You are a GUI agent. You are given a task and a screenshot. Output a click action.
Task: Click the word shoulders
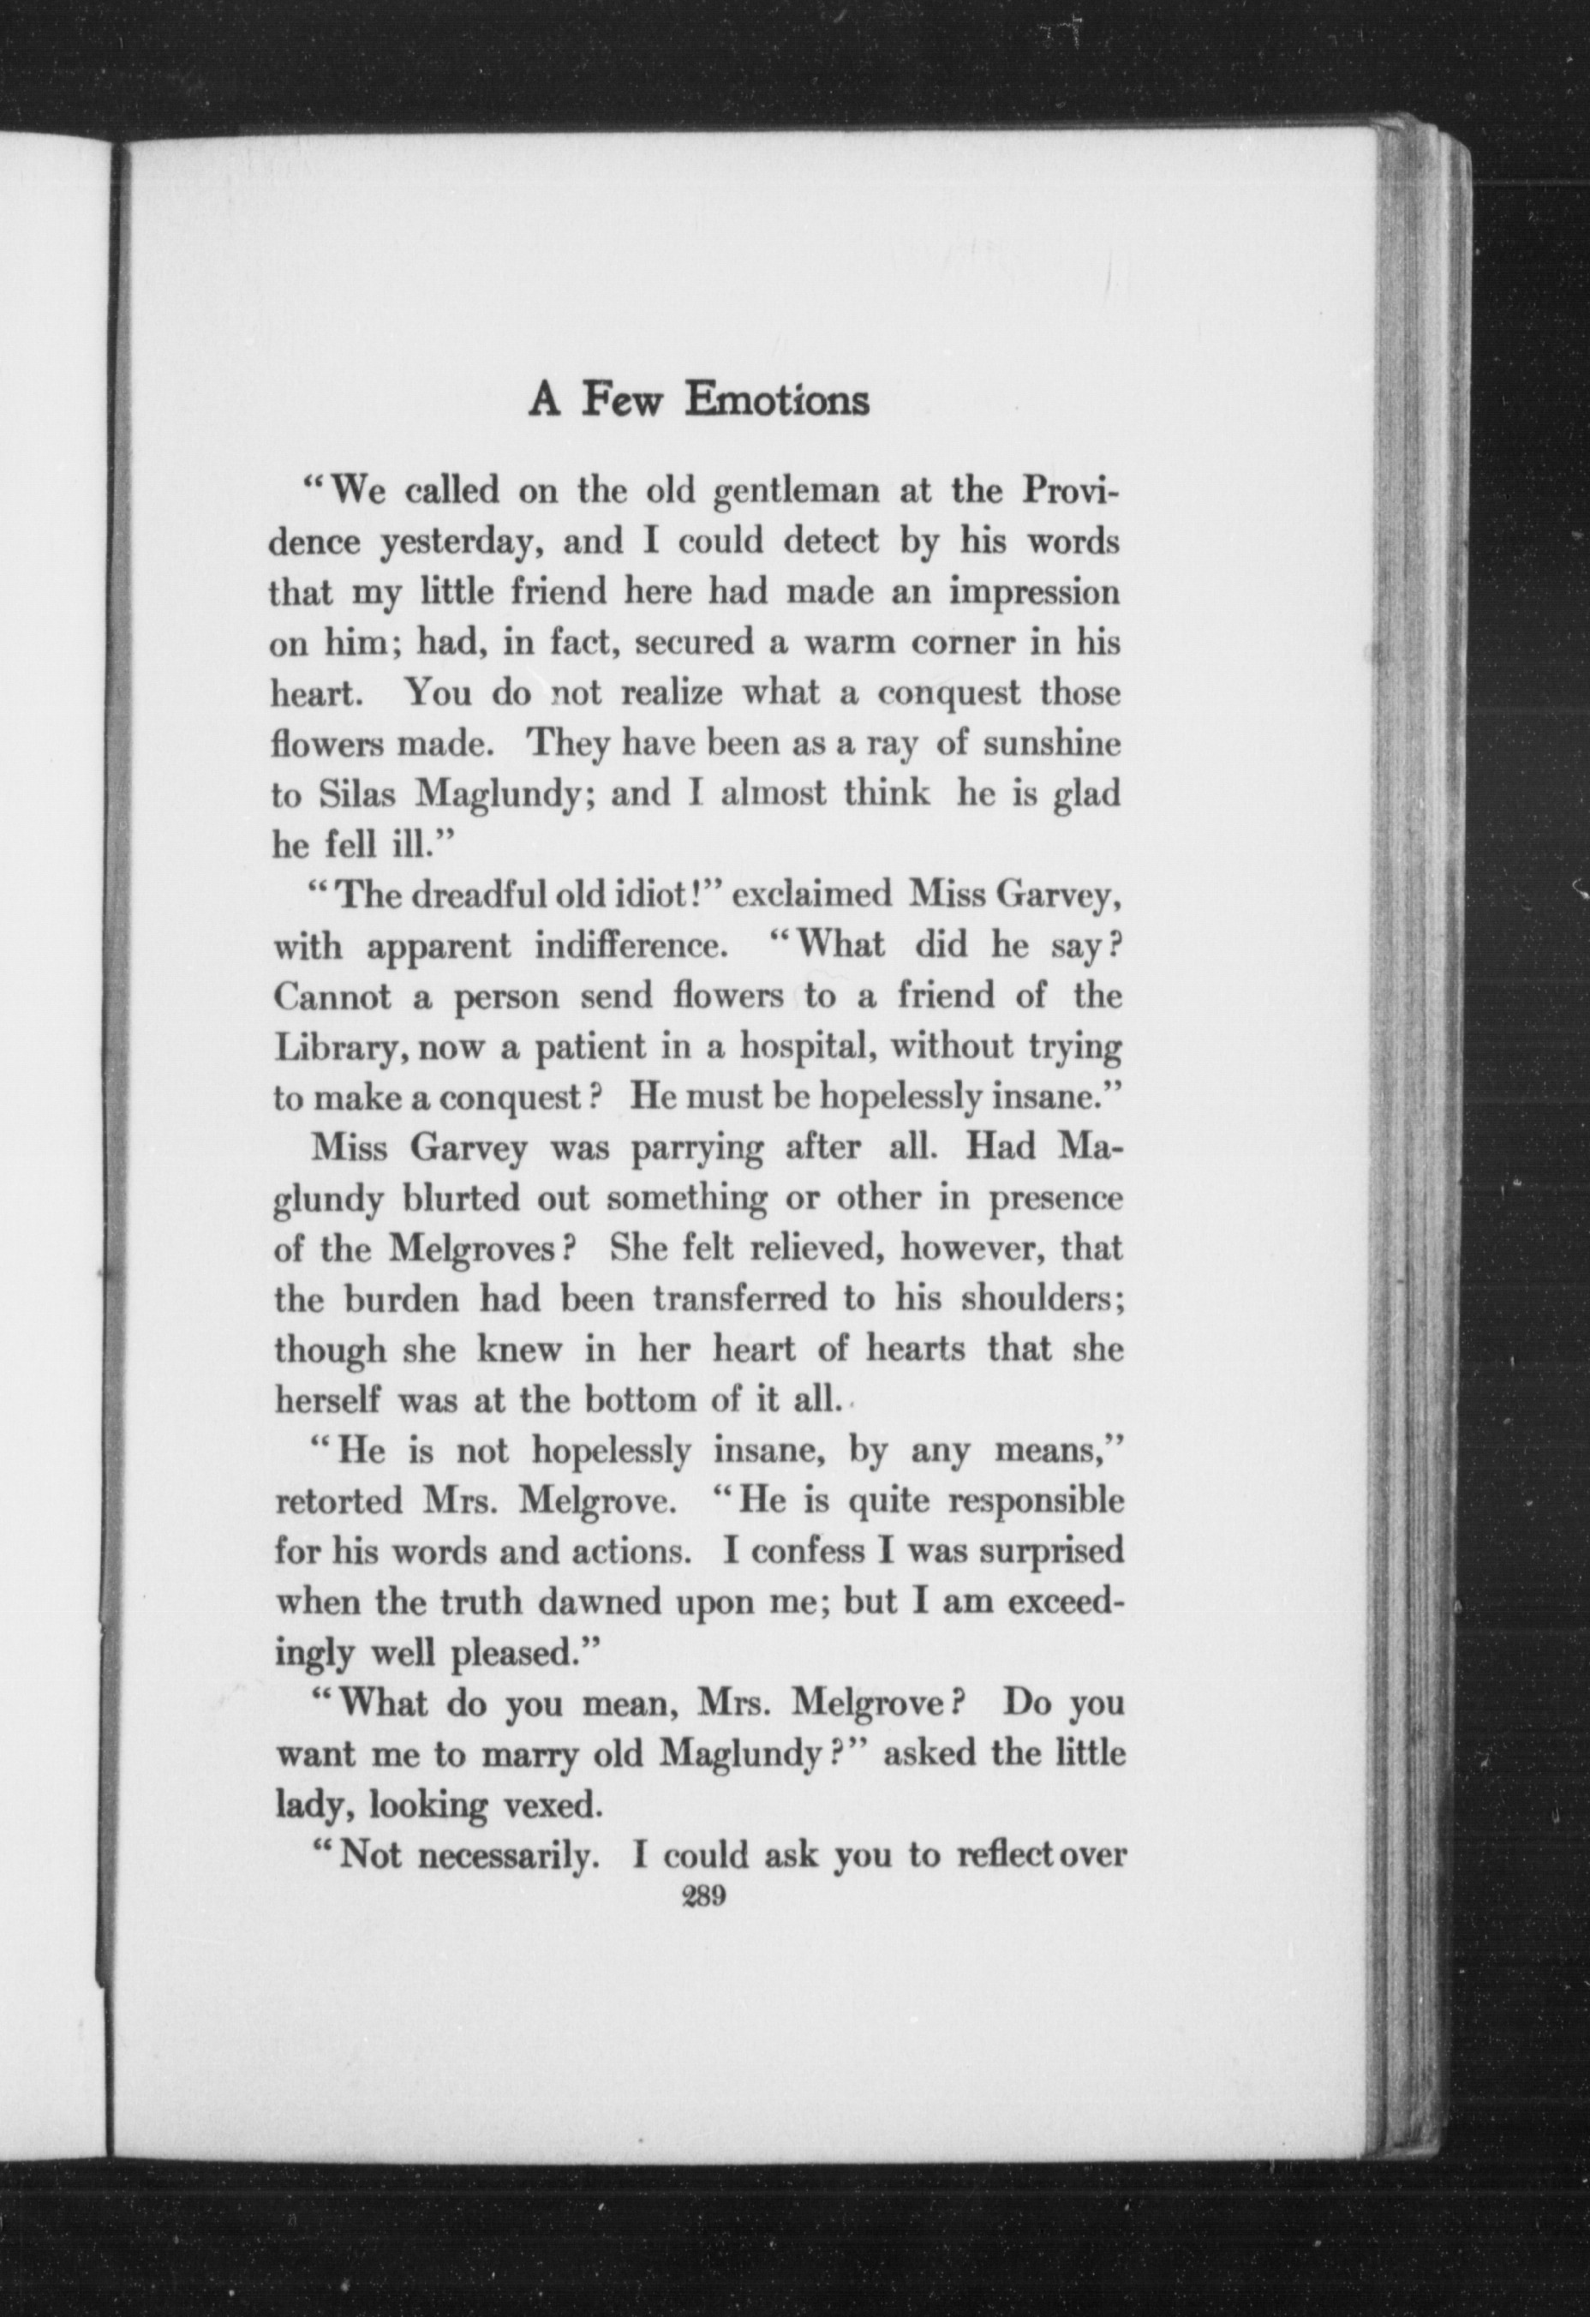pos(1041,1300)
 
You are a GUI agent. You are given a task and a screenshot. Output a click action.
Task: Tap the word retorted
pos(339,1501)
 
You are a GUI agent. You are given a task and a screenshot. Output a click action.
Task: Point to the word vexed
pos(550,1805)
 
